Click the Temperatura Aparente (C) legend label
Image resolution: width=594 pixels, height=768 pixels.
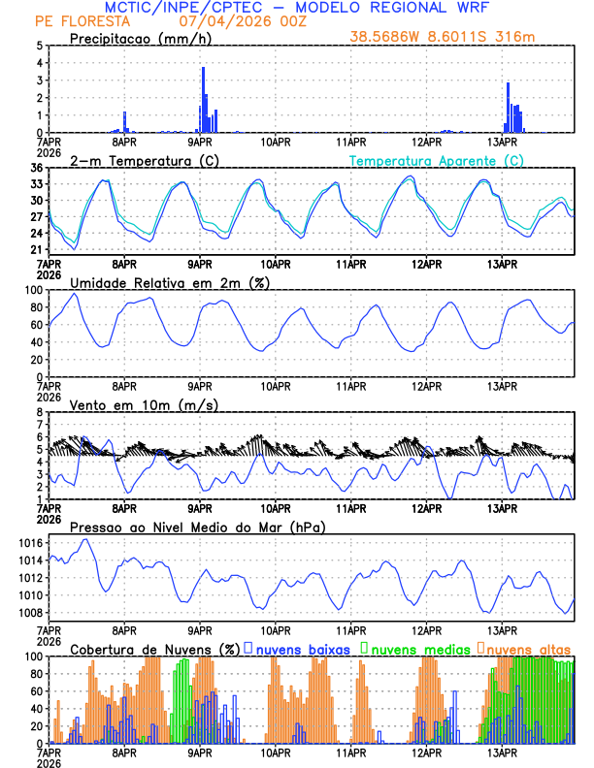point(437,160)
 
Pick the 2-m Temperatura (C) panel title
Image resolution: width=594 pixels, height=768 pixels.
point(137,160)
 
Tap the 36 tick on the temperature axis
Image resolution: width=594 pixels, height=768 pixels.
point(36,168)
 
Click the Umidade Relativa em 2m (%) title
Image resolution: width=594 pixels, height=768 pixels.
point(169,282)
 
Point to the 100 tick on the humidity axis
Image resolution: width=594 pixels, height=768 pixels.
point(33,290)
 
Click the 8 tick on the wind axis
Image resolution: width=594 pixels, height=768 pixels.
point(40,412)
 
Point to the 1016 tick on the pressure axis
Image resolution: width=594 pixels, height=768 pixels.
point(29,543)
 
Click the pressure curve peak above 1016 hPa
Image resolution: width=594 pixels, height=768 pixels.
point(85,539)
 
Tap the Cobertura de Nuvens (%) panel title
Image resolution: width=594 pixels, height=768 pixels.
point(153,648)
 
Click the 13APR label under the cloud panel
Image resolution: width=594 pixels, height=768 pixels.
point(501,752)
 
